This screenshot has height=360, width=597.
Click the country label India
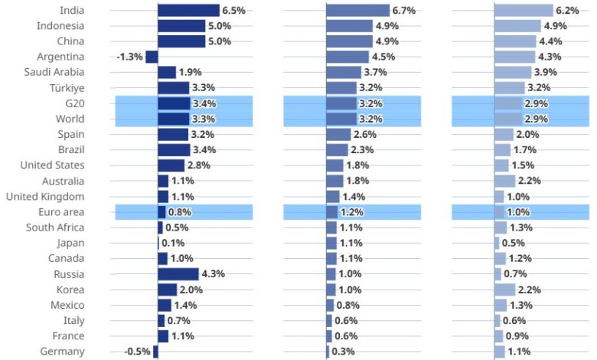[x=72, y=10]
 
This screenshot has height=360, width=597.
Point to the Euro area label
[x=61, y=211]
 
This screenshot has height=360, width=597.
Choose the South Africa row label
[x=55, y=227]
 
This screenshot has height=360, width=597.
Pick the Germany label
[x=62, y=352]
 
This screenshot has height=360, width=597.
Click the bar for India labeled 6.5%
[x=188, y=10]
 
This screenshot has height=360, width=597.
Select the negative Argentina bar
[x=152, y=57]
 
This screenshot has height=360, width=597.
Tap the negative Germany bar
[x=155, y=352]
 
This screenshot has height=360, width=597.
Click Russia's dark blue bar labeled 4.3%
[x=178, y=273]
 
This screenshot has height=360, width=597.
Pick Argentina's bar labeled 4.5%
[x=347, y=57]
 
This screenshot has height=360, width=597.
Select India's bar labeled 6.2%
[x=524, y=10]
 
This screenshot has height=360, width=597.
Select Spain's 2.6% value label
[x=366, y=134]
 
